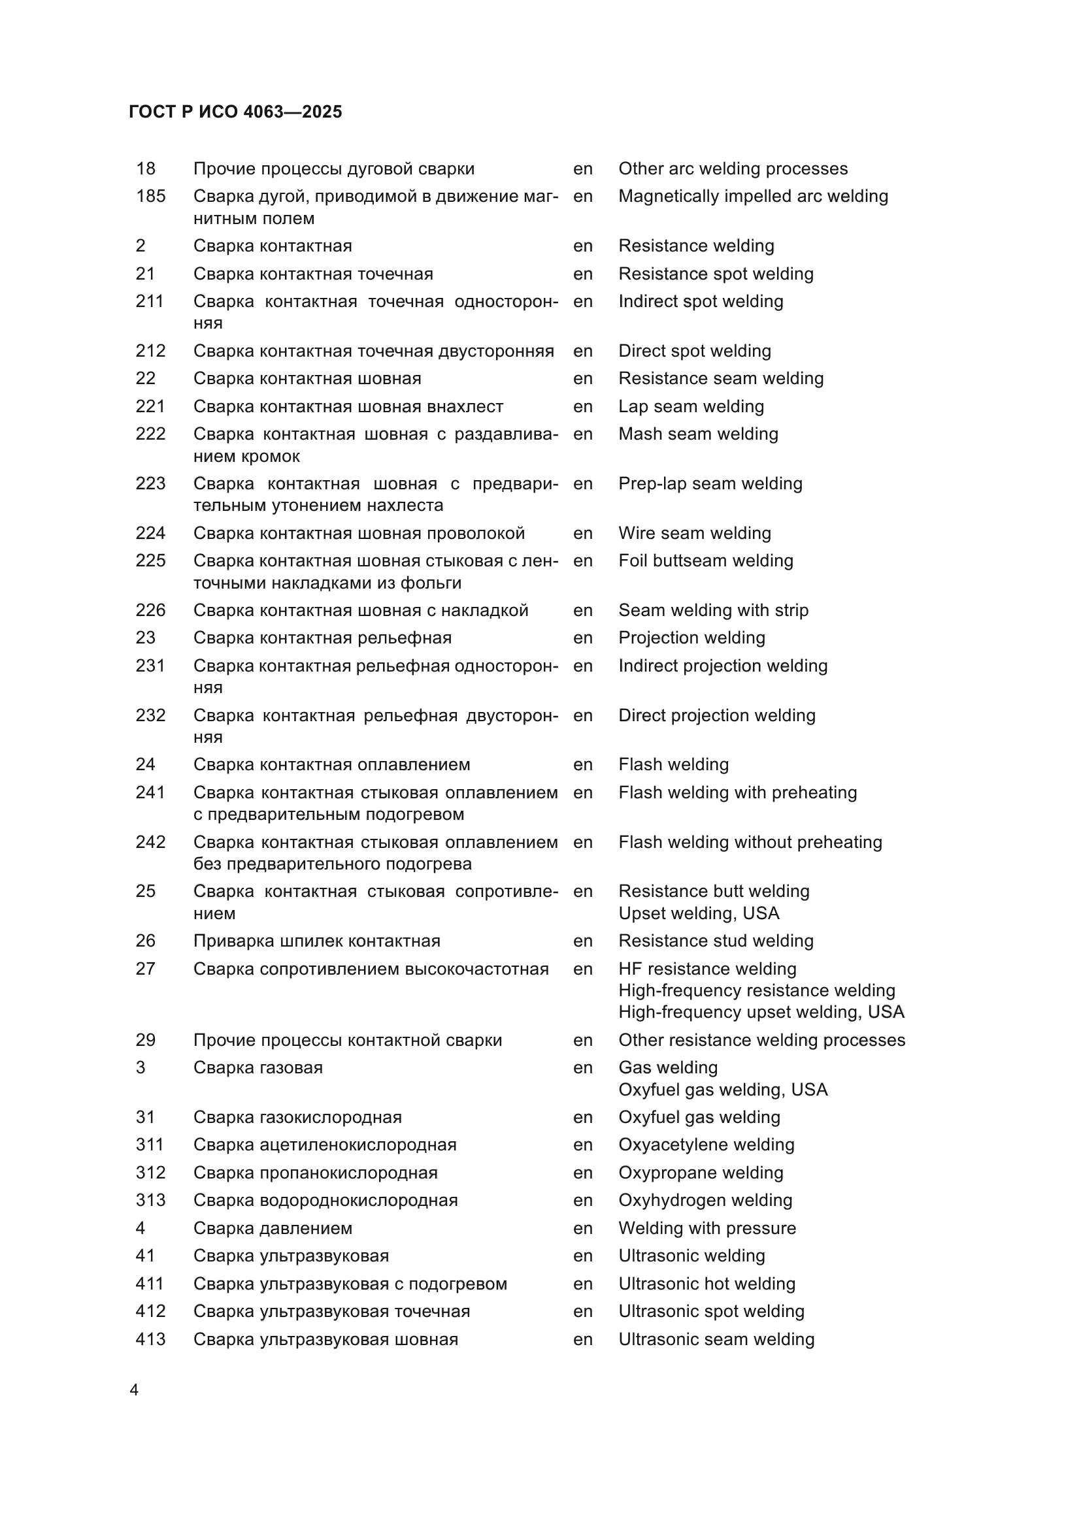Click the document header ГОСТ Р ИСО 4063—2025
[235, 112]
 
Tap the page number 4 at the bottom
[135, 1390]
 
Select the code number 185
[150, 197]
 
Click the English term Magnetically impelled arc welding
[753, 197]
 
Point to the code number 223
[150, 484]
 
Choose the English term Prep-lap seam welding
[710, 484]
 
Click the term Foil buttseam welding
[706, 561]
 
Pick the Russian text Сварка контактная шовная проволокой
[359, 533]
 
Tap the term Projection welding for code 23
[691, 638]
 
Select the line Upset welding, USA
[698, 913]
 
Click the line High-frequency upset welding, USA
[761, 1012]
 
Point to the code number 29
[145, 1040]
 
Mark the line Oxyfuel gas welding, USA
[723, 1090]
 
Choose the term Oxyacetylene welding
[707, 1145]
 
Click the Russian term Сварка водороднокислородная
[325, 1200]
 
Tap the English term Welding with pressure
[707, 1228]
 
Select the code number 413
[150, 1339]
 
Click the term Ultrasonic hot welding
[707, 1284]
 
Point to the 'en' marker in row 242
[582, 843]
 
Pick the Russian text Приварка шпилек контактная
[317, 941]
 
